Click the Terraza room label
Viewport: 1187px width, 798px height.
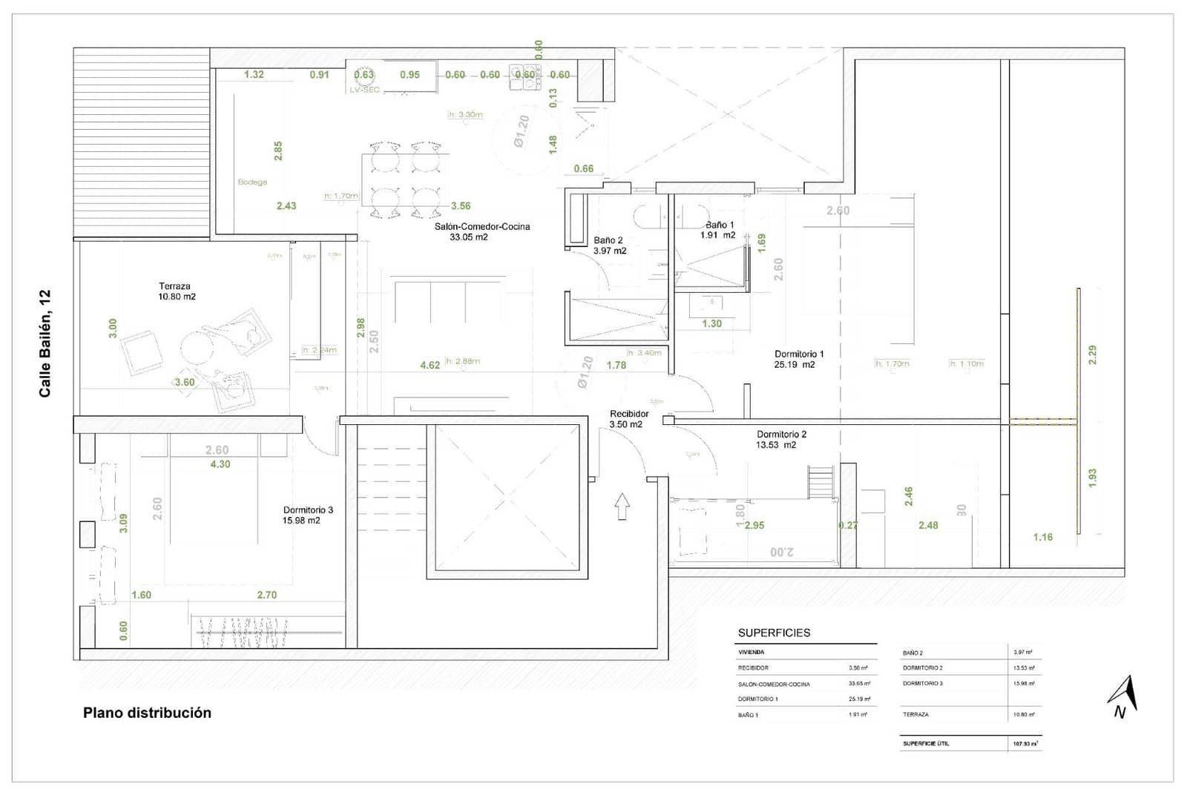pos(175,286)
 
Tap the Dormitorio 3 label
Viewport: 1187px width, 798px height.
pos(308,510)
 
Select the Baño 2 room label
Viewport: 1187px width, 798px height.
pos(608,240)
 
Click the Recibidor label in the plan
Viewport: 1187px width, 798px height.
pos(629,414)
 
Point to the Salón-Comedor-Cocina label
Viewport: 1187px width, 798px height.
pos(482,227)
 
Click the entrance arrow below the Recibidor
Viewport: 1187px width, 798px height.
pos(622,507)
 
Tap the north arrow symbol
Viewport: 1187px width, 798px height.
pos(1123,697)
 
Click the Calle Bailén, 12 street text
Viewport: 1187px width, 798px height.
pos(45,343)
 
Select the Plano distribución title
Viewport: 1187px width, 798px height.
pos(147,713)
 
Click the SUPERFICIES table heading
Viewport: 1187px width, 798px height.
pos(774,633)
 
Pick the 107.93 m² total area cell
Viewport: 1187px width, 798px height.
pos(1025,743)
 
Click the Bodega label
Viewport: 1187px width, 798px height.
pos(252,182)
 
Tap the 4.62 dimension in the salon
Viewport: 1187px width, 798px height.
pos(430,365)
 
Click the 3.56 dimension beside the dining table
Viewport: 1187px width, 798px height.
pos(461,206)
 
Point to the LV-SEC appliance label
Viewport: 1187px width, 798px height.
pos(364,90)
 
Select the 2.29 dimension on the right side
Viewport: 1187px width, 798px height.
pos(1092,355)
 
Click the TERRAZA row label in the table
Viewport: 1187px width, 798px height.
pos(915,715)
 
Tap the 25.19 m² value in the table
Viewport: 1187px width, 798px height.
pos(859,699)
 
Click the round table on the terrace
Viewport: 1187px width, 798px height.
pos(198,347)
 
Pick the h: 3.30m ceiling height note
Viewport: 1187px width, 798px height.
pos(466,115)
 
